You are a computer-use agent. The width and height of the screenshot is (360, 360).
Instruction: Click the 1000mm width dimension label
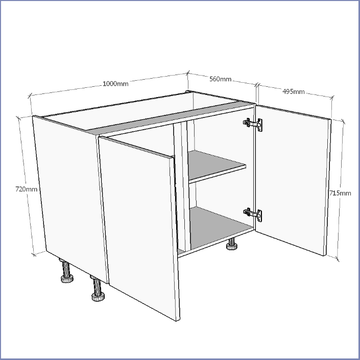[x=115, y=84]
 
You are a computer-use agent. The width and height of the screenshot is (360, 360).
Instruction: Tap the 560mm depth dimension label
[x=220, y=79]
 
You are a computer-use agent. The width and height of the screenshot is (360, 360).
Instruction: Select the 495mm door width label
[x=294, y=91]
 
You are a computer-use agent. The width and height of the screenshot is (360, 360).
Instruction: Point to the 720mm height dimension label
[x=26, y=189]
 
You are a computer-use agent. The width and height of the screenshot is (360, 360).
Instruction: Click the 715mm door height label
[x=340, y=193]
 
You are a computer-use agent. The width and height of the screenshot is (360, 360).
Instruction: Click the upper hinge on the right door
[x=253, y=125]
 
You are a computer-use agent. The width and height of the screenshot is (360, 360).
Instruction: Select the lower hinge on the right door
[x=253, y=214]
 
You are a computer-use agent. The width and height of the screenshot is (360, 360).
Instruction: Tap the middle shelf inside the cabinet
[x=216, y=166]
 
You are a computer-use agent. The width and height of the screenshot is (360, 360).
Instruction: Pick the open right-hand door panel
[x=294, y=180]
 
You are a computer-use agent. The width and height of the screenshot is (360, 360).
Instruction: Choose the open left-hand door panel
[x=139, y=228]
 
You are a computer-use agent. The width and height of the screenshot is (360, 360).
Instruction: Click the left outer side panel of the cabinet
[x=70, y=199]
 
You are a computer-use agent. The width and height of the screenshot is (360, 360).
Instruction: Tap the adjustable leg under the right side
[x=232, y=244]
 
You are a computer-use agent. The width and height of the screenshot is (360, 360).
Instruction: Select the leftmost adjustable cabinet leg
[x=66, y=271]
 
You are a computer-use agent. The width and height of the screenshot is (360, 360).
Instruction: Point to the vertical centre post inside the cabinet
[x=182, y=186]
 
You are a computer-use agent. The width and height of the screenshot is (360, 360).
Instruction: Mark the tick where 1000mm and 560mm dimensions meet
[x=188, y=74]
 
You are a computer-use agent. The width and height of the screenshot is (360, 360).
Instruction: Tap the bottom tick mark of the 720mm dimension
[x=34, y=254]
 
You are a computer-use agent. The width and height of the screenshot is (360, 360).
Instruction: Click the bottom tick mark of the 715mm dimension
[x=337, y=259]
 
